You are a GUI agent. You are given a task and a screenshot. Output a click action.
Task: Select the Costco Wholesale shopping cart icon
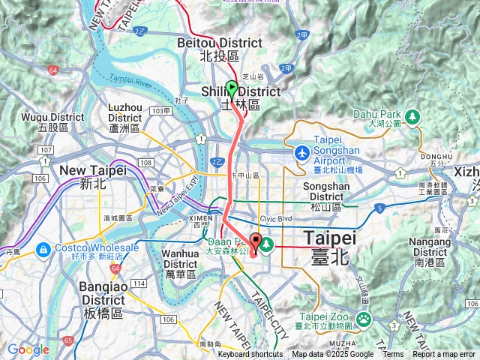43,248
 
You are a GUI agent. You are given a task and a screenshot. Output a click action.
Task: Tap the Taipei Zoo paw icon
364,319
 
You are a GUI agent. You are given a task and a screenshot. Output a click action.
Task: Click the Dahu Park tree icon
412,116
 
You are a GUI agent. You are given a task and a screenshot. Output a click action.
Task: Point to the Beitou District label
208,49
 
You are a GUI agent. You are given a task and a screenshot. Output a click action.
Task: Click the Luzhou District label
124,118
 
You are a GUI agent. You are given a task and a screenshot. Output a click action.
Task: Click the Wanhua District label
181,263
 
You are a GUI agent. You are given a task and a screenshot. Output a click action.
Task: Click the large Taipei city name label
329,248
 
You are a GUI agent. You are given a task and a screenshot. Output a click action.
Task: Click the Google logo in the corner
28,349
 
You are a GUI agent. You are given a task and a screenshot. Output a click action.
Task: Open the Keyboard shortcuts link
250,355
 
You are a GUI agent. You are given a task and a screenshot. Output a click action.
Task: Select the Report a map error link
443,355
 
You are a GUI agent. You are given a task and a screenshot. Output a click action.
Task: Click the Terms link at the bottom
393,355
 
